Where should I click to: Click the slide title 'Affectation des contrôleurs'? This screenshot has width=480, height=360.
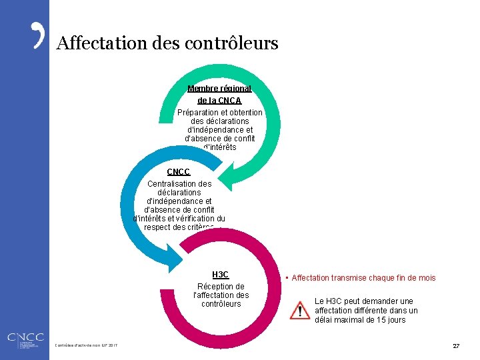tap(167, 44)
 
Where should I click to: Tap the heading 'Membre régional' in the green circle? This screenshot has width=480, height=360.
tap(219, 89)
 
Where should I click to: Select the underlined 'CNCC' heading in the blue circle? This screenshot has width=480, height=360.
tap(179, 172)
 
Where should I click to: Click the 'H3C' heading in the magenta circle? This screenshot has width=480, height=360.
tap(220, 275)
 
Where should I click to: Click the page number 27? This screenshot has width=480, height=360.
tap(456, 346)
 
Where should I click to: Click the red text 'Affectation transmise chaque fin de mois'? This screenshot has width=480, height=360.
tap(363, 277)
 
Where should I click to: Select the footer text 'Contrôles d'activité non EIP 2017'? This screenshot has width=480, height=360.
tap(89, 345)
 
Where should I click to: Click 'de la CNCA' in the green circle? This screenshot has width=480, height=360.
tap(219, 100)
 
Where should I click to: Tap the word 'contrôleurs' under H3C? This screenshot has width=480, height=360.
tap(221, 304)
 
